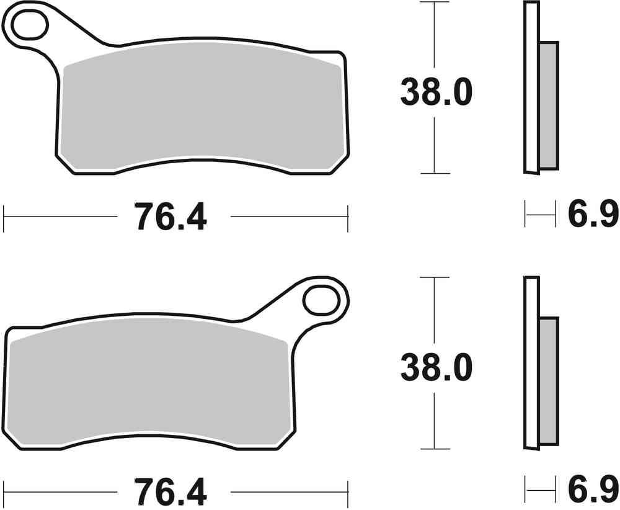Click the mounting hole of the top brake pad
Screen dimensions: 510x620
point(29,24)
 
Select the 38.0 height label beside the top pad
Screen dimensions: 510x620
point(435,92)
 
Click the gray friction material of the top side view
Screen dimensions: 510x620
point(549,105)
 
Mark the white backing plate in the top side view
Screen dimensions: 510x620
point(531,87)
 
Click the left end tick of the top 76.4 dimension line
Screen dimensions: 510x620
point(4,217)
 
